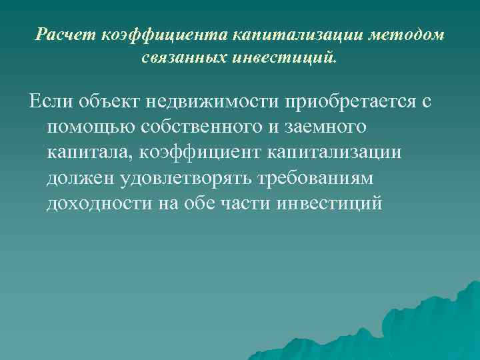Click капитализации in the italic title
point(291,35)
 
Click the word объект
point(107,103)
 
